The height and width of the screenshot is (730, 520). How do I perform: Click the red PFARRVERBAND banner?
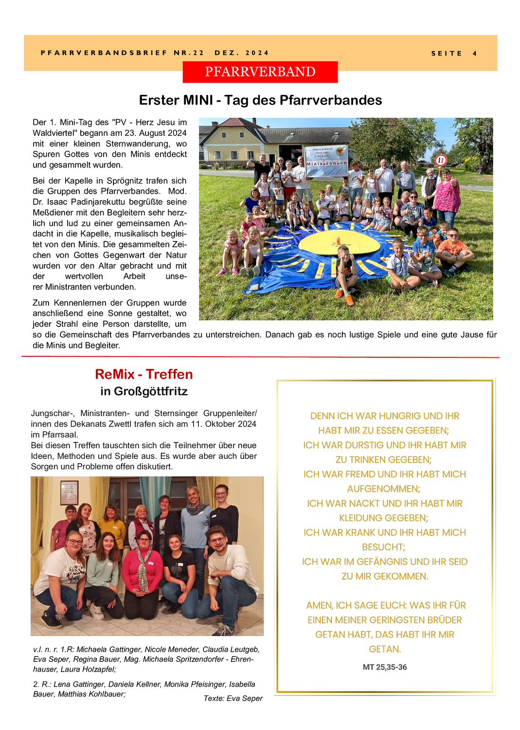click(x=260, y=72)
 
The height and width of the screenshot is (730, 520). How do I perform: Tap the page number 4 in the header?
click(x=474, y=54)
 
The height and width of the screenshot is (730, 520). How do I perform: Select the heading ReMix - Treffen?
click(x=144, y=374)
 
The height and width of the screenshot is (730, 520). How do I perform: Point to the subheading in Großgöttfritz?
click(x=144, y=391)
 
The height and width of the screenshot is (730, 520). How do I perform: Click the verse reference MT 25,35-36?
click(x=384, y=667)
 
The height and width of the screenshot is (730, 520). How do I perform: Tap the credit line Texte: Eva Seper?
click(x=233, y=698)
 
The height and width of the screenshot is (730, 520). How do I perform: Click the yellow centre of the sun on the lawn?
click(x=339, y=242)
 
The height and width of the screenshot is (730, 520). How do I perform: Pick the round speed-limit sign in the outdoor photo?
click(x=441, y=160)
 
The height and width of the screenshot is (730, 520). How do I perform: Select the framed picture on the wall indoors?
click(x=69, y=493)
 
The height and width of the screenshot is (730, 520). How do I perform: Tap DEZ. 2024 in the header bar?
click(x=241, y=53)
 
